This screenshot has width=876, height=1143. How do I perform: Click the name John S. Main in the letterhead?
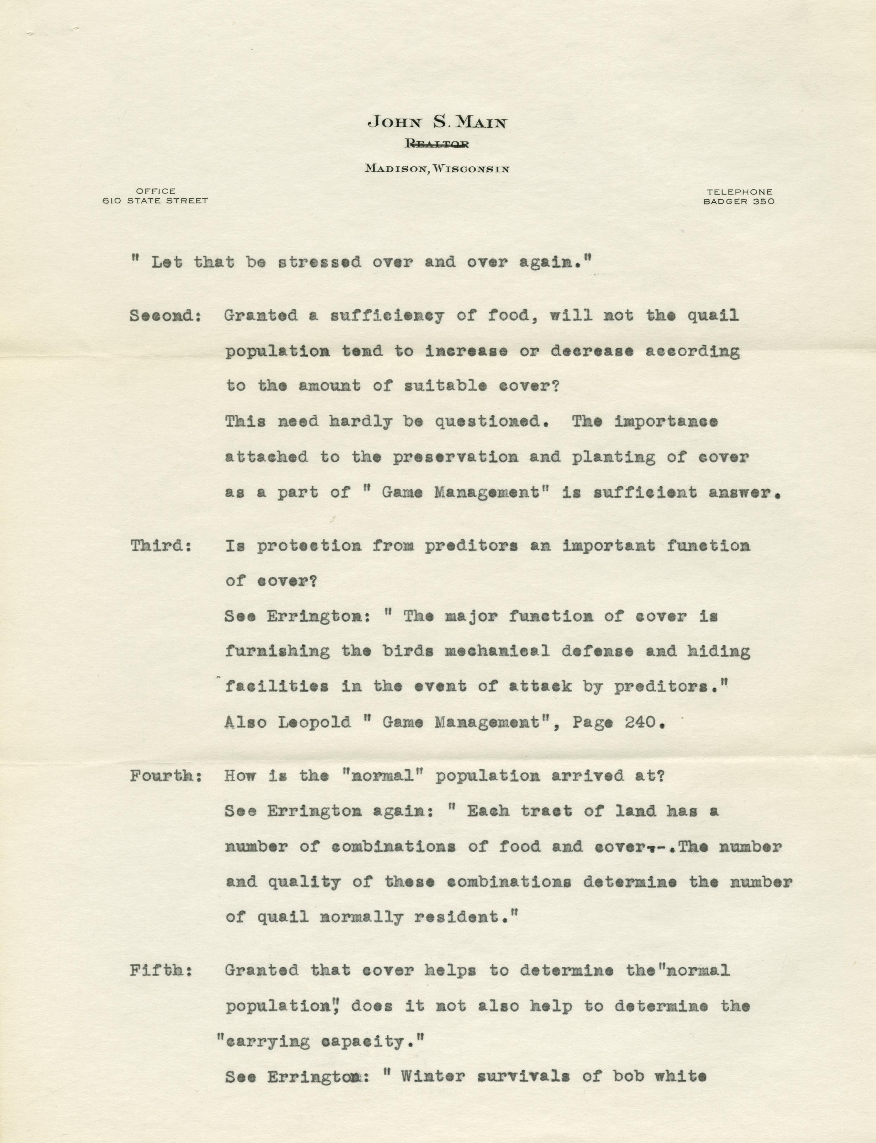click(437, 122)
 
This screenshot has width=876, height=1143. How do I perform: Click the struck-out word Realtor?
click(437, 145)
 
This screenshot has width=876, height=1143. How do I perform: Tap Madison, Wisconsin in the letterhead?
click(437, 168)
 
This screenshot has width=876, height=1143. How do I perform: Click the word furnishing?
click(277, 651)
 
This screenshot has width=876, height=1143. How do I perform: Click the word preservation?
click(455, 456)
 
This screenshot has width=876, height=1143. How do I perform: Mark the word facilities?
click(277, 687)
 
